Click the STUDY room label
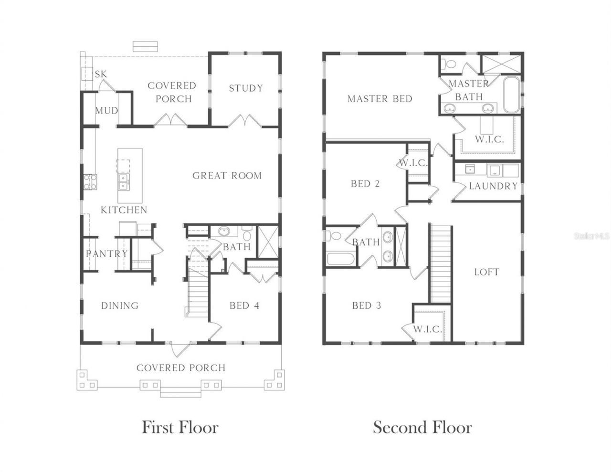coord(245,88)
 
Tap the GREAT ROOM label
coord(227,176)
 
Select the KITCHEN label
coord(124,210)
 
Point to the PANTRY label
coord(106,254)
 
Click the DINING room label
coord(119,305)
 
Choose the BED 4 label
coord(244,305)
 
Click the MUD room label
coord(106,111)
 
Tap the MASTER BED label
coord(379,99)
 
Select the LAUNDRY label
coord(493,186)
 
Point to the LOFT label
coord(486,272)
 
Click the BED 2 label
coord(365,184)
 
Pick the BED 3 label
coord(366,305)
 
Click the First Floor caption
coord(180,427)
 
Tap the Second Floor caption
coord(422,427)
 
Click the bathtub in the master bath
coord(510,94)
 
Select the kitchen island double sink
coord(123,182)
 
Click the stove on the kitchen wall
coord(89,182)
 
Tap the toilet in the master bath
coord(448,64)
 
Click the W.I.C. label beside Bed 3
coord(427,329)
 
